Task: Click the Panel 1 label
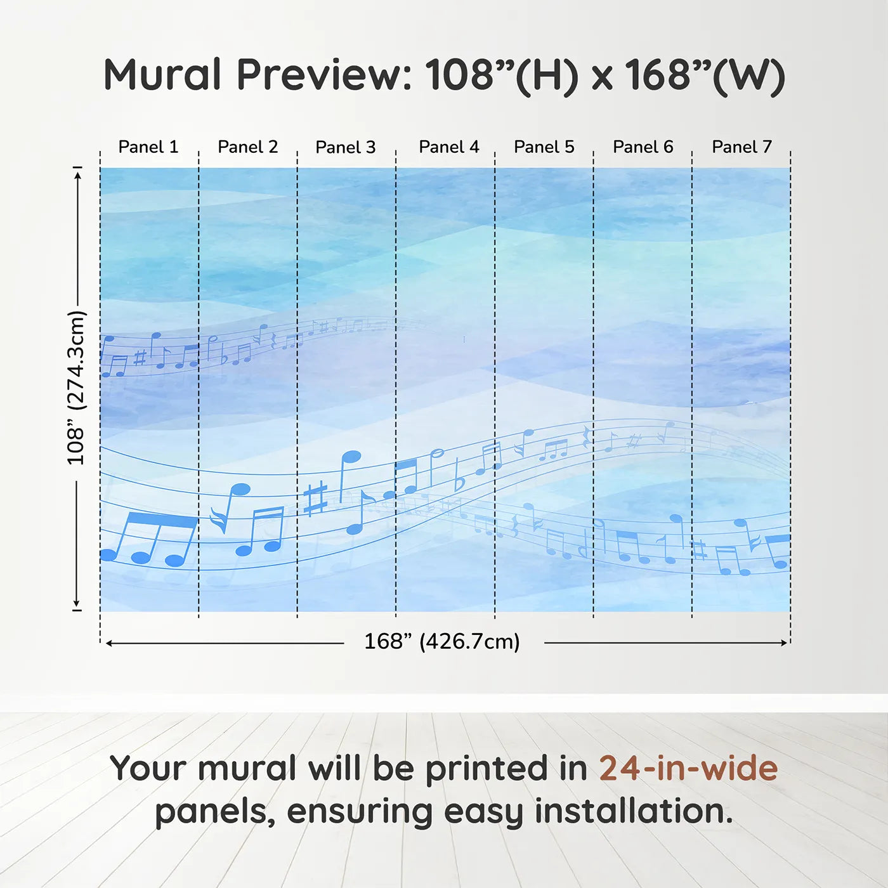tap(148, 147)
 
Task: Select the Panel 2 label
tap(247, 147)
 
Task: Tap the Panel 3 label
tap(346, 147)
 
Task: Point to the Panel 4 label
tap(448, 147)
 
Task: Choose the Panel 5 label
tap(544, 147)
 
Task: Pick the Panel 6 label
tap(643, 147)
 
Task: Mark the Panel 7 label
tap(741, 147)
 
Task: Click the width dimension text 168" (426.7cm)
tap(442, 641)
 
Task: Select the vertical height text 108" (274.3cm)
tap(76, 388)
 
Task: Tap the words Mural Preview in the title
tap(257, 75)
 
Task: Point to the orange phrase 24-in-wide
tap(688, 768)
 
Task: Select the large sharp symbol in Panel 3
tap(315, 498)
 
